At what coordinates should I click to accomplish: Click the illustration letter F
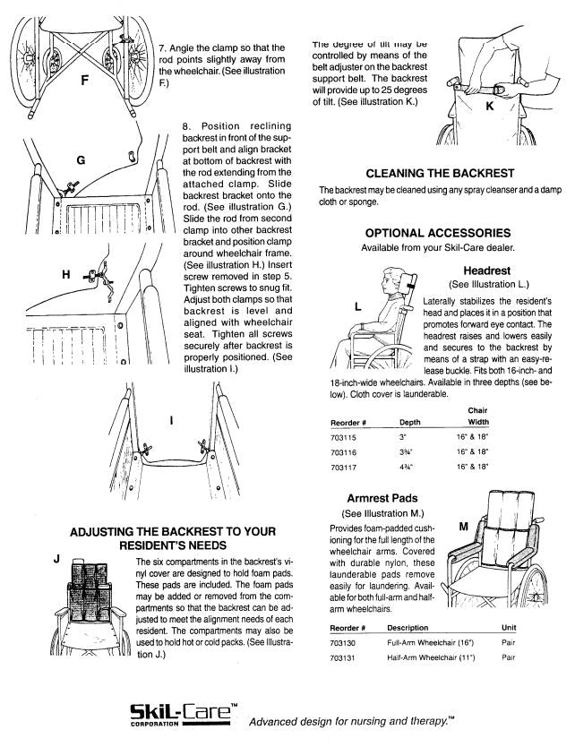click(83, 80)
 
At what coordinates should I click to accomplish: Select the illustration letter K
click(489, 106)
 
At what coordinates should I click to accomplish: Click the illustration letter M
click(463, 526)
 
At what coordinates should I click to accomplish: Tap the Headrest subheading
click(486, 270)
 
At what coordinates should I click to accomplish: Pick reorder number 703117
click(344, 467)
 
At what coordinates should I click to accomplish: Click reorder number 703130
click(344, 642)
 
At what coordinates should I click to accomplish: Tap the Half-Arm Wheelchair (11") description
click(431, 657)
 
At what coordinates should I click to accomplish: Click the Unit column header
click(509, 627)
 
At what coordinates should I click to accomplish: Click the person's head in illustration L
click(390, 282)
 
